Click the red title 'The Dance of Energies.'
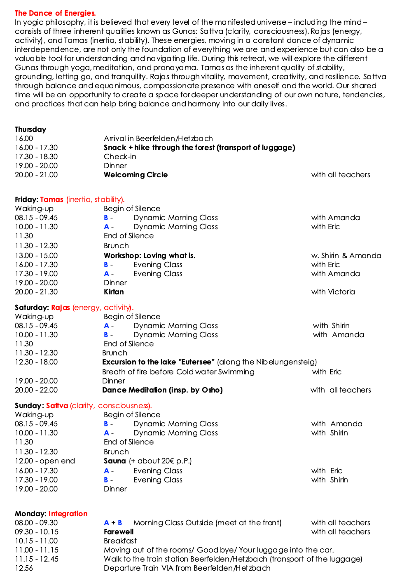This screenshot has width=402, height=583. point(55,13)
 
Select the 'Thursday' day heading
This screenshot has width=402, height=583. point(30,129)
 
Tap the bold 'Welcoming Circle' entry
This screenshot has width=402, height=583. point(136,175)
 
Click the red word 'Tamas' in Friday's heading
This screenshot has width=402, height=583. point(51,200)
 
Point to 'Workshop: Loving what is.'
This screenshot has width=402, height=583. point(150,256)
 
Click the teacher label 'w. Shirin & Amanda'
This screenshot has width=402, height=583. point(346,256)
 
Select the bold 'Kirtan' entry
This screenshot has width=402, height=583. point(114,292)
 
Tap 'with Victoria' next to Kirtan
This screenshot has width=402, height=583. point(333,292)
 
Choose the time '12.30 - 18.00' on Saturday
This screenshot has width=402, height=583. point(36,362)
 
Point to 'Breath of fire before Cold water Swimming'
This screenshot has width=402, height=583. point(178,372)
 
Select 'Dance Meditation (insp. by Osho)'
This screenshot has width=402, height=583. point(162,390)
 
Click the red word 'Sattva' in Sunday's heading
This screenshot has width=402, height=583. point(57,406)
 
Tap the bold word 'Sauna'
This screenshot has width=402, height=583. point(115,461)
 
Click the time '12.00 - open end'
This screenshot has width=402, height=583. point(45,461)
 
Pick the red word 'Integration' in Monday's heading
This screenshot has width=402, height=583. point(68,514)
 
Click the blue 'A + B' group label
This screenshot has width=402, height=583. point(113,523)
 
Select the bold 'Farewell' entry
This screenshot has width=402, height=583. point(119,532)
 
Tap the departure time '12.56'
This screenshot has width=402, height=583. point(24,568)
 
